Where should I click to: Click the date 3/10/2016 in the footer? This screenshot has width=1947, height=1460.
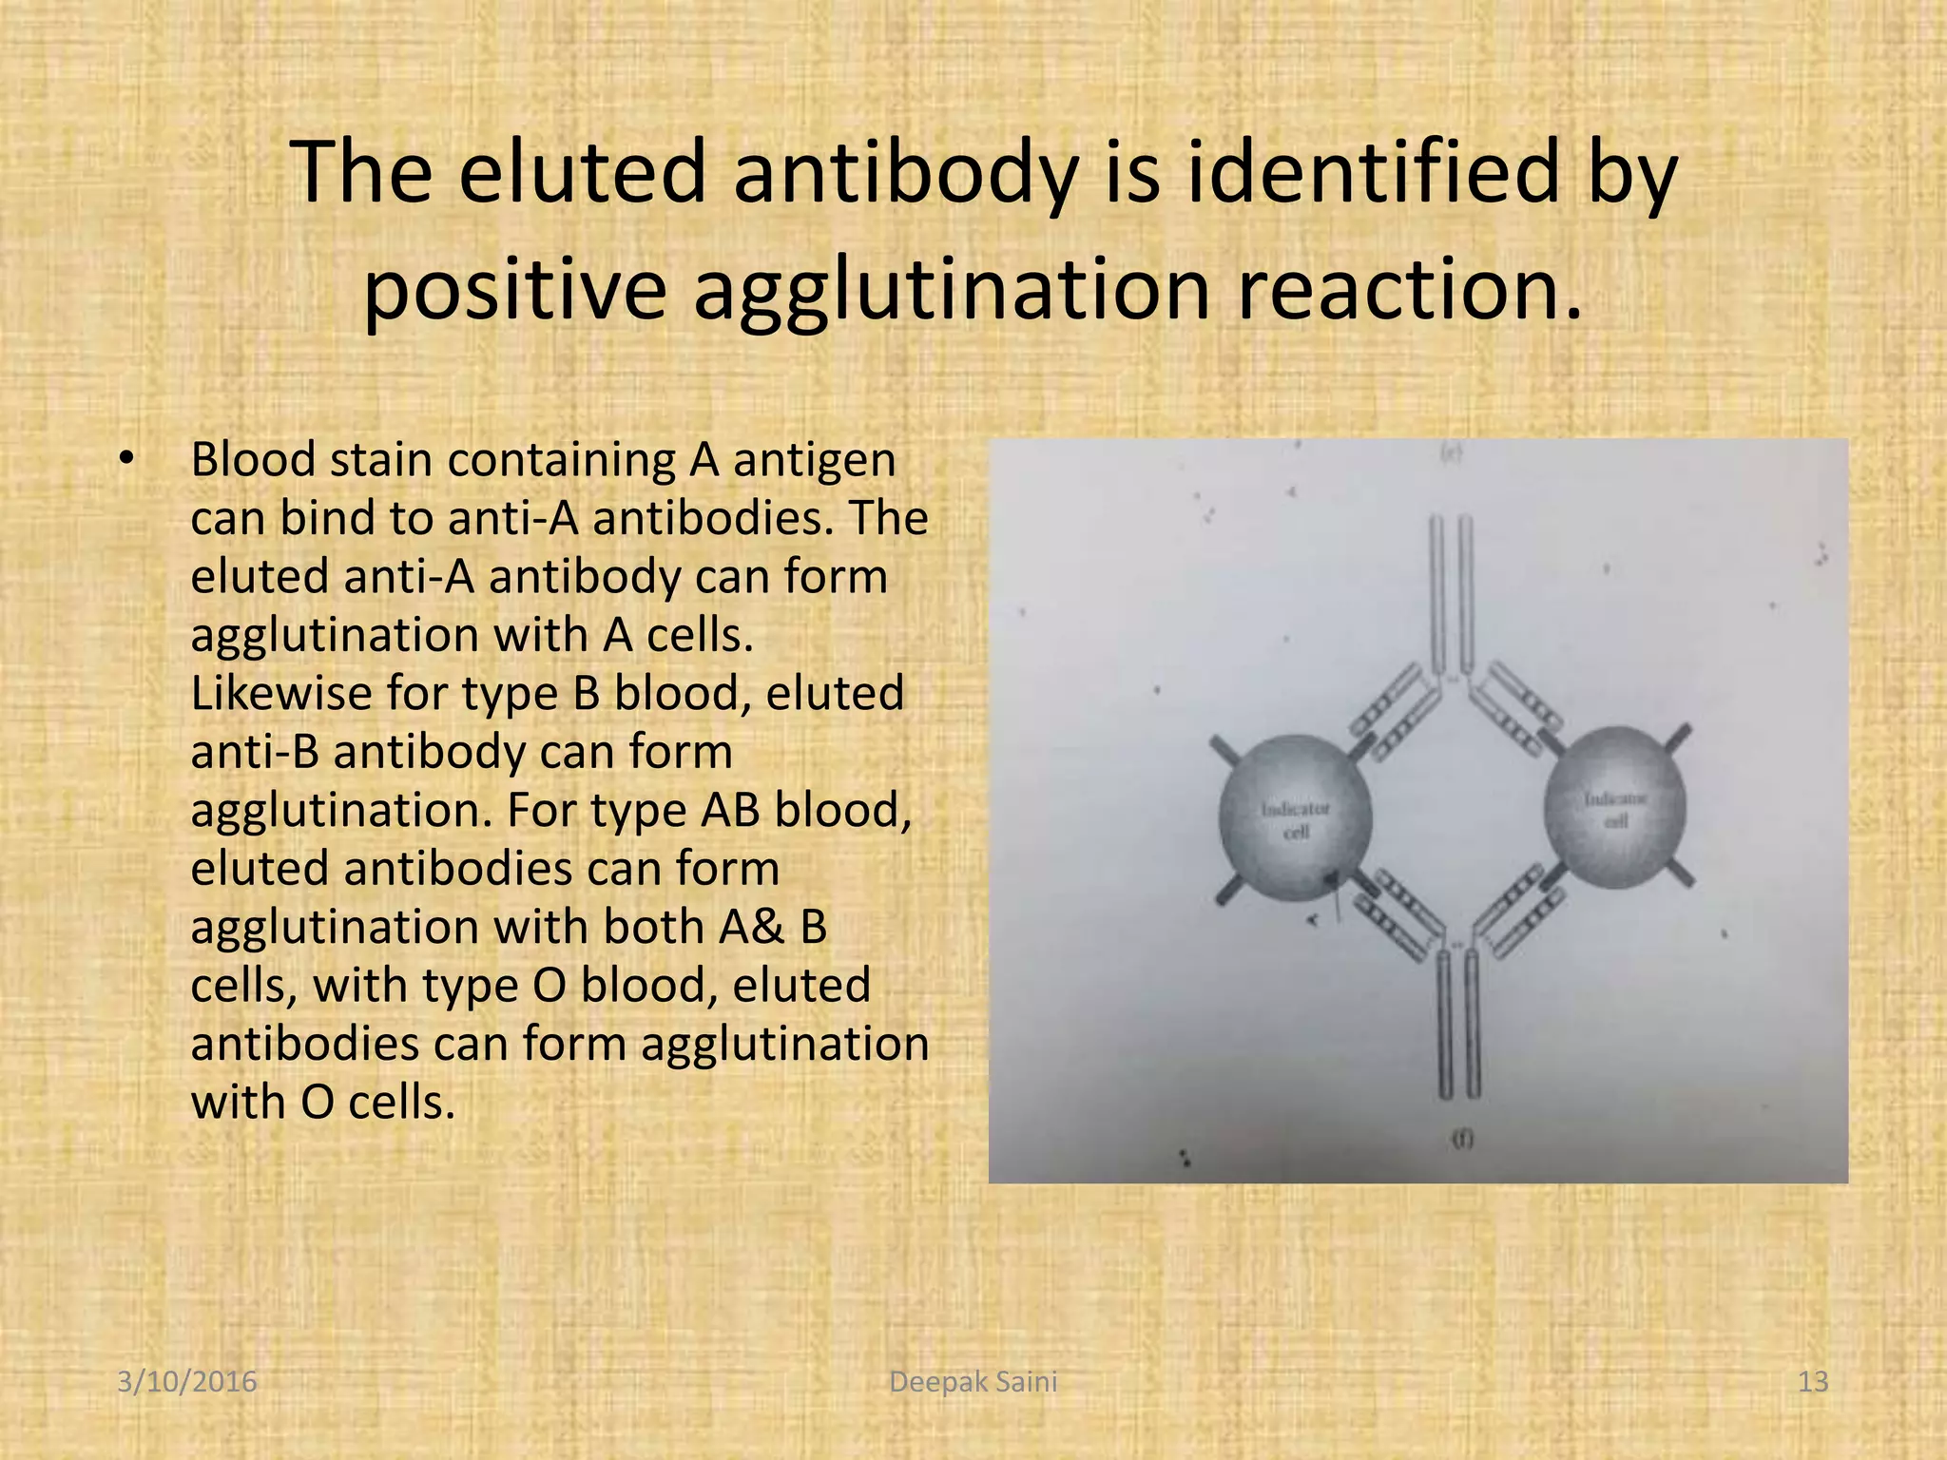coord(187,1381)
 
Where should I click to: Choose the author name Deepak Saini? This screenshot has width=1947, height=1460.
coord(973,1381)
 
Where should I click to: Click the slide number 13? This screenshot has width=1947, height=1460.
coord(1813,1381)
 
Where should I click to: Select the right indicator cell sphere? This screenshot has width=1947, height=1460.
coord(1615,808)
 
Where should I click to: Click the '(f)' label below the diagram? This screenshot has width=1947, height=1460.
coord(1461,1141)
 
